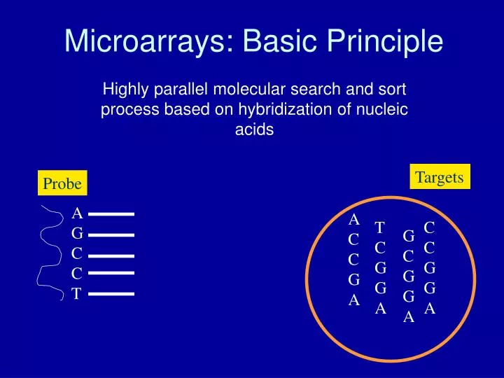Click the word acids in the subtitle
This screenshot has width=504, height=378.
[254, 130]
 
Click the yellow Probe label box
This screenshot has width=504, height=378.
[62, 183]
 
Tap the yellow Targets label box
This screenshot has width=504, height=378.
[439, 177]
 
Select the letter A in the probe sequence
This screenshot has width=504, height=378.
[77, 213]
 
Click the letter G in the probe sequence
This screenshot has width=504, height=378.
[77, 234]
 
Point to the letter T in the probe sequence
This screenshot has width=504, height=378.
[76, 294]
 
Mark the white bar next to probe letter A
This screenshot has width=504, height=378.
[111, 213]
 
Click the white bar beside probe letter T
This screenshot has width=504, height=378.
[111, 294]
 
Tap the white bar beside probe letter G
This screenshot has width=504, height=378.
[111, 234]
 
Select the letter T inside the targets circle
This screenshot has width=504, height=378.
[380, 227]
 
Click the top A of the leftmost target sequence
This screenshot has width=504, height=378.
[354, 220]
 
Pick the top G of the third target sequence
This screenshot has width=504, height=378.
[409, 237]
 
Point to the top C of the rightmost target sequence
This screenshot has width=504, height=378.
[430, 227]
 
